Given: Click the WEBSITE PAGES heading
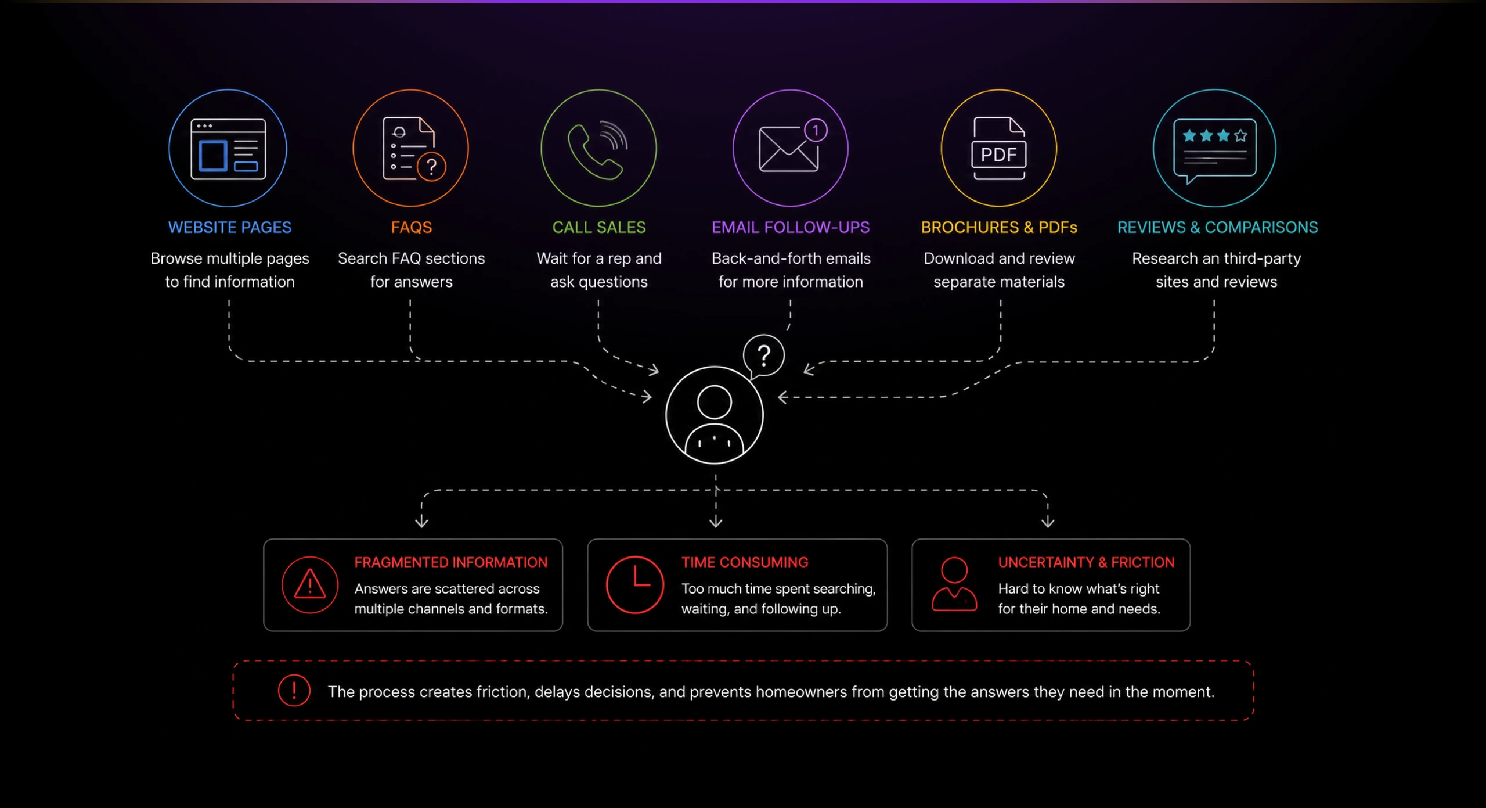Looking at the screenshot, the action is click(230, 227).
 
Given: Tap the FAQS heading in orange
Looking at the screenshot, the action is click(411, 227).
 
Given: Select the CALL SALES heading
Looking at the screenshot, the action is click(598, 227).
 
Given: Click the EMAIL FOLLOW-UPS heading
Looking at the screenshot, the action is click(791, 227).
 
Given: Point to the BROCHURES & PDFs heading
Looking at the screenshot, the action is click(999, 227).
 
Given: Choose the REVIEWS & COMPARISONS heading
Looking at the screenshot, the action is click(1217, 227).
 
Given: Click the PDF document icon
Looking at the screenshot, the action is click(999, 148).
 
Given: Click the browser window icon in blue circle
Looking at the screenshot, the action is click(228, 149).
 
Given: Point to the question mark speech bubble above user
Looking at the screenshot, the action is click(763, 356).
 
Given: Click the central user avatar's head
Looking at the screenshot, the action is click(714, 402).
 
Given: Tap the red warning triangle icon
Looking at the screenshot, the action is click(309, 584).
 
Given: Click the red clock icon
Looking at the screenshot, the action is click(634, 585).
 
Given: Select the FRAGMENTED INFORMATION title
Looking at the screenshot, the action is click(451, 562).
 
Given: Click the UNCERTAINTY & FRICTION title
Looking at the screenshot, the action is click(1086, 562).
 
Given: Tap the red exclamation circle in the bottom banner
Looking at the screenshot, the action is click(294, 691).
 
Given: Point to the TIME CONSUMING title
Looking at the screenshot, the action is click(745, 562).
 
